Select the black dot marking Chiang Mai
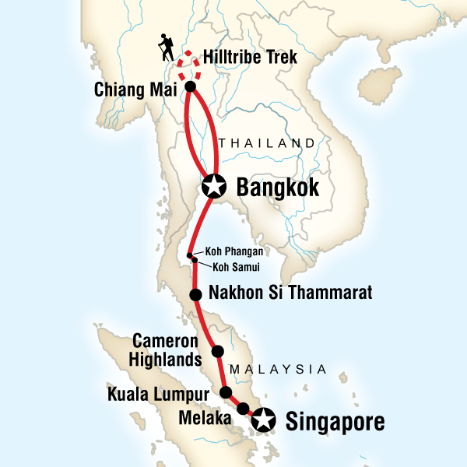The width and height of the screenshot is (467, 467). click(x=190, y=86)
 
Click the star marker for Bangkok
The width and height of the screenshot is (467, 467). click(x=213, y=186)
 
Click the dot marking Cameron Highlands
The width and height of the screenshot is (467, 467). click(x=218, y=350)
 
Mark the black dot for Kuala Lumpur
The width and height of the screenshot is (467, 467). click(x=226, y=392)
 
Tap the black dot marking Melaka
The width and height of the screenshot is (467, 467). click(x=243, y=409)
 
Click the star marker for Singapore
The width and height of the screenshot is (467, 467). click(x=265, y=420)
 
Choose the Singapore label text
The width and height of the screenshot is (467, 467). click(x=335, y=423)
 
